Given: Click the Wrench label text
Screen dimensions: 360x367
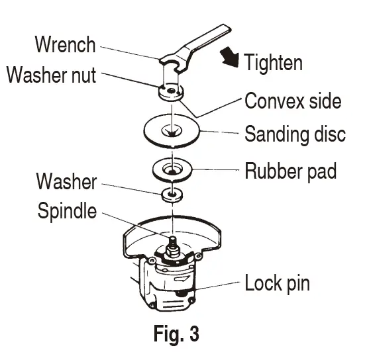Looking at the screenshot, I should [66, 46].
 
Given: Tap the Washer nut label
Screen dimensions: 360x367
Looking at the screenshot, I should [51, 75].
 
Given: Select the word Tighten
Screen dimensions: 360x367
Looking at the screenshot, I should [273, 63].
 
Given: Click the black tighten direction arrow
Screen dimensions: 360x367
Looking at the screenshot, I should [230, 60].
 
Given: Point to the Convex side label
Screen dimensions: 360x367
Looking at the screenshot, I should [293, 101].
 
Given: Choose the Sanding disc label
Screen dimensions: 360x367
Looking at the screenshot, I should [295, 135].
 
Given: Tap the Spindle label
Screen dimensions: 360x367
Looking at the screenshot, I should [66, 212].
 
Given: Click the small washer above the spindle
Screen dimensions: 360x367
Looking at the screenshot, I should [172, 194].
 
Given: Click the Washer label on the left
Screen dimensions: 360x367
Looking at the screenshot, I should [66, 181].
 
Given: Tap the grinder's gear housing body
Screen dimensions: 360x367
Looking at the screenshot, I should [169, 285].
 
